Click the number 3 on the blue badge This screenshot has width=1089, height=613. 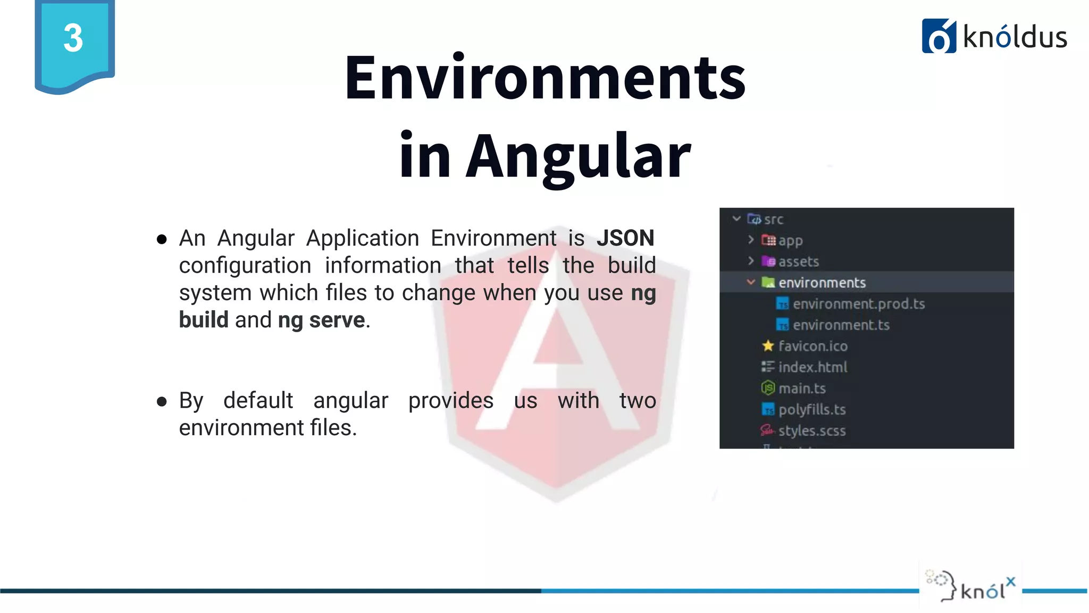[73, 38]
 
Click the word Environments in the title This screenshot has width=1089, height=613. [545, 78]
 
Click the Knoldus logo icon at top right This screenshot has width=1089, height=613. [939, 36]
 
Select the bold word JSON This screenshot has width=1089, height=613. [625, 238]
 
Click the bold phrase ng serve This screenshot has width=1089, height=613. [321, 320]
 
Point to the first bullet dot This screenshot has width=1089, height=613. [162, 239]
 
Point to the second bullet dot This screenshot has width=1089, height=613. [162, 401]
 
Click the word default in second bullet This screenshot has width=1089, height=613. [258, 400]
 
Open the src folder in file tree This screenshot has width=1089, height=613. [773, 219]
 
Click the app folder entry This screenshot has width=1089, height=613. [790, 241]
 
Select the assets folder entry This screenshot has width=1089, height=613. [798, 261]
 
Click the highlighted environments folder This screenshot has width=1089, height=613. [822, 283]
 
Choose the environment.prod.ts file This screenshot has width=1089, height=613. [858, 304]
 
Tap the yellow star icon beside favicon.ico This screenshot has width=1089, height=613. [768, 346]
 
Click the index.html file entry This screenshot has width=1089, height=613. [812, 367]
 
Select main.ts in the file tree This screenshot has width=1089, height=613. [802, 388]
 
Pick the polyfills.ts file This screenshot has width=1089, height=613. [811, 409]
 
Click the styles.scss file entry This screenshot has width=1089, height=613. [811, 430]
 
